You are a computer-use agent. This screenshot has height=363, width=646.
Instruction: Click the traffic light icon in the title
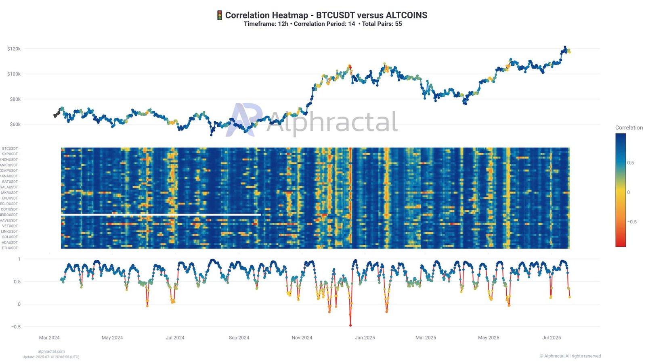[x=220, y=15]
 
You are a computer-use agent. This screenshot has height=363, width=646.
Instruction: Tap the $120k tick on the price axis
[x=14, y=49]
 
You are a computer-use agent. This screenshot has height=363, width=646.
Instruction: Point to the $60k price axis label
[x=15, y=124]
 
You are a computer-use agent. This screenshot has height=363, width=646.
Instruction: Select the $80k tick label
[x=15, y=99]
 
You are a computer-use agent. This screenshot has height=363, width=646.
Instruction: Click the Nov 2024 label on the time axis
[x=302, y=338]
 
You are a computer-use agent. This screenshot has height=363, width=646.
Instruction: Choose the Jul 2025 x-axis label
[x=552, y=338]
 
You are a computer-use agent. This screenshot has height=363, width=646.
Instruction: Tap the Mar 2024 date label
[x=49, y=338]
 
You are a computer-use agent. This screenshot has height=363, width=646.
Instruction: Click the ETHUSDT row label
[x=10, y=248]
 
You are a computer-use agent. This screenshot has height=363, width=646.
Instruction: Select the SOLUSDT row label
[x=10, y=237]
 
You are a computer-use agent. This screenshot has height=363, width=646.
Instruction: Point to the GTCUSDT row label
[x=10, y=148]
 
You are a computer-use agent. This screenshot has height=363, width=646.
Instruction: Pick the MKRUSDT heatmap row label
[x=10, y=193]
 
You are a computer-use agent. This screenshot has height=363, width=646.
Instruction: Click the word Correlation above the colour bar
[x=629, y=127]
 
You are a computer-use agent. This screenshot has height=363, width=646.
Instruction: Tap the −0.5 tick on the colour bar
[x=632, y=222]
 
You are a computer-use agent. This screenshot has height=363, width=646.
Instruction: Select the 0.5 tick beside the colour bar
[x=631, y=163]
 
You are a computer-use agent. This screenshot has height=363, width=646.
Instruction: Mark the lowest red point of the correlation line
[x=350, y=325]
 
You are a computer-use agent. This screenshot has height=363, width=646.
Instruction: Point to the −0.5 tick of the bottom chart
[x=16, y=327]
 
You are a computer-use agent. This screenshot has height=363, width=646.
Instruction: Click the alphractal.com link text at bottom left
[x=51, y=351]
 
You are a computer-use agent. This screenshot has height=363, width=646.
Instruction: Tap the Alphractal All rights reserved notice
[x=570, y=356]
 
